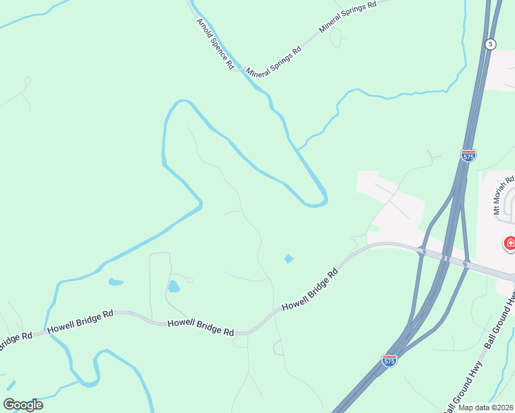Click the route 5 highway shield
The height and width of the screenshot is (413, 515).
click(490, 44)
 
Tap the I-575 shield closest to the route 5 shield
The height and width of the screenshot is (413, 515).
click(468, 156)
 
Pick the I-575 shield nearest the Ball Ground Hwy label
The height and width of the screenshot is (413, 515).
click(389, 360)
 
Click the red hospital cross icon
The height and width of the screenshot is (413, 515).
click(510, 242)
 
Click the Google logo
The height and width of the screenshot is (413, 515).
click(23, 405)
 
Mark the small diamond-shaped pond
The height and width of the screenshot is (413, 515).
click(288, 259)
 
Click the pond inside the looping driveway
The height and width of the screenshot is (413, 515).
click(174, 286)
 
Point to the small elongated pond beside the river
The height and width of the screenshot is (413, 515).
click(116, 282)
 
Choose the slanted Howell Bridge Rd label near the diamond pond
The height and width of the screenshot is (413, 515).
click(311, 289)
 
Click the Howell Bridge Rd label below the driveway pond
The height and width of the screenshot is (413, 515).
click(200, 327)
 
